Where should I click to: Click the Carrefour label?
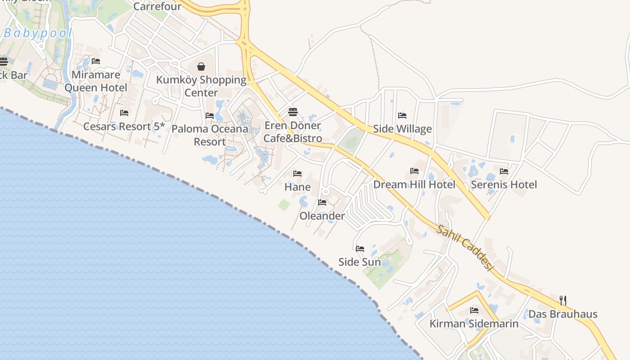157,6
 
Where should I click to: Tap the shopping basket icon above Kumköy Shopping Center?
201,67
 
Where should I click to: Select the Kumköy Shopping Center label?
201,86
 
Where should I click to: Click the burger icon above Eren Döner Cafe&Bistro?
293,112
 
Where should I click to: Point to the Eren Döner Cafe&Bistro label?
292,132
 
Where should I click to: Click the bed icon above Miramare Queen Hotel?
96,61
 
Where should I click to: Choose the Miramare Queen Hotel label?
96,81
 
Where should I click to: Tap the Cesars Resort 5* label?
124,126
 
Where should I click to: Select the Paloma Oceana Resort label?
210,135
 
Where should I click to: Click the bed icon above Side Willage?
402,116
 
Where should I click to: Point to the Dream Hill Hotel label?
414,184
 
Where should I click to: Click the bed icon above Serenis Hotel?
504,171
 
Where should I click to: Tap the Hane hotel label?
297,187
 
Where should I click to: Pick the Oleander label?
322,216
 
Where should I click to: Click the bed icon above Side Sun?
360,248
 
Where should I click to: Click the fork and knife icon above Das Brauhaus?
563,300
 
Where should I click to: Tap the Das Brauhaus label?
562,314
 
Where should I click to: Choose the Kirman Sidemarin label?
474,324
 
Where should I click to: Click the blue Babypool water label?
38,33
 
